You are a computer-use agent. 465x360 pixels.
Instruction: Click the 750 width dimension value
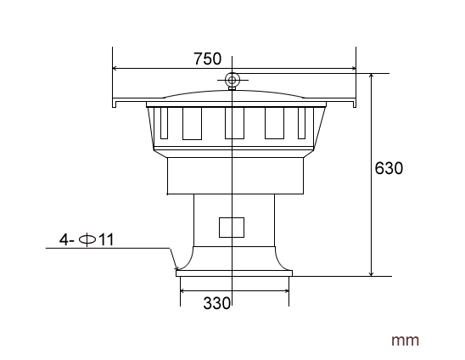207,59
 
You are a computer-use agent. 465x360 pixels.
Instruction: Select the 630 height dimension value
389,167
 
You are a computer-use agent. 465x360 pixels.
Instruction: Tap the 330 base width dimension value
217,303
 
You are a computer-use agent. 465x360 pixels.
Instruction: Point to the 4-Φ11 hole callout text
86,240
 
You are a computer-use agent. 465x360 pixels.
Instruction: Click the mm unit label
405,340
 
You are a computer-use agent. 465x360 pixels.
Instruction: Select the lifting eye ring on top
232,81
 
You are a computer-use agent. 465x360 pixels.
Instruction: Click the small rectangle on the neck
232,227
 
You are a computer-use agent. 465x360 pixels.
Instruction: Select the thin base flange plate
233,273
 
